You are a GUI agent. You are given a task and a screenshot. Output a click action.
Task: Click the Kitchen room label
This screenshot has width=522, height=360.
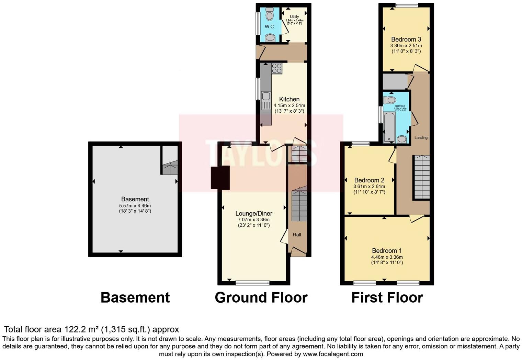289,99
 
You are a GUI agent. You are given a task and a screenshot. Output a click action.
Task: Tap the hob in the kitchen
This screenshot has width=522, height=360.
276,68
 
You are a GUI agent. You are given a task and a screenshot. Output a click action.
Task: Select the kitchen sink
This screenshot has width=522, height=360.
266,100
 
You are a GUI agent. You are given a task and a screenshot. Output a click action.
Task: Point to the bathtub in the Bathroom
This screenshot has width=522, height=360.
389,127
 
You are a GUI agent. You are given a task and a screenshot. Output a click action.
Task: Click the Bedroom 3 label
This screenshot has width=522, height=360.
406,40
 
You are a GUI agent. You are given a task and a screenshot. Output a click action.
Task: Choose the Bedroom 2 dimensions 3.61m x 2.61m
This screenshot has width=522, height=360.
369,187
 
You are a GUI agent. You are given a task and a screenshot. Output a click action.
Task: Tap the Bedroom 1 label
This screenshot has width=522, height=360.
387,251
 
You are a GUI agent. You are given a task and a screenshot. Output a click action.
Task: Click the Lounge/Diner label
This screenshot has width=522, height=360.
254,214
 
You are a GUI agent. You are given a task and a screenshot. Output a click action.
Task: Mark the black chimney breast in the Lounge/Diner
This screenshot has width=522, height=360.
220,178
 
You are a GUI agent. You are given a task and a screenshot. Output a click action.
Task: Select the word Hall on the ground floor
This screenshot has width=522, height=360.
297,235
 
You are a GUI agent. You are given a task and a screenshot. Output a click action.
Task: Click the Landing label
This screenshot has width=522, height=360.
421,138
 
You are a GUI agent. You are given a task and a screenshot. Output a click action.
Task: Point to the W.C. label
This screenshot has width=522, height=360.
270,26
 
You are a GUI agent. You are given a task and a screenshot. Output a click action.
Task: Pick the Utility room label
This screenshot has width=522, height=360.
294,16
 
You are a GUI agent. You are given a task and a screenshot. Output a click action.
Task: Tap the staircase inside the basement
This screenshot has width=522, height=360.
170,168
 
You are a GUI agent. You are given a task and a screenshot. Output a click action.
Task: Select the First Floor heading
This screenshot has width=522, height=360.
387,297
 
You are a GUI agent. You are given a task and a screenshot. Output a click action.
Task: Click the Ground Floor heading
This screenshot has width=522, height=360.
261,297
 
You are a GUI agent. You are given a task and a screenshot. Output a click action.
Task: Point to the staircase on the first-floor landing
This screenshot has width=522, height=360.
421,177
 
